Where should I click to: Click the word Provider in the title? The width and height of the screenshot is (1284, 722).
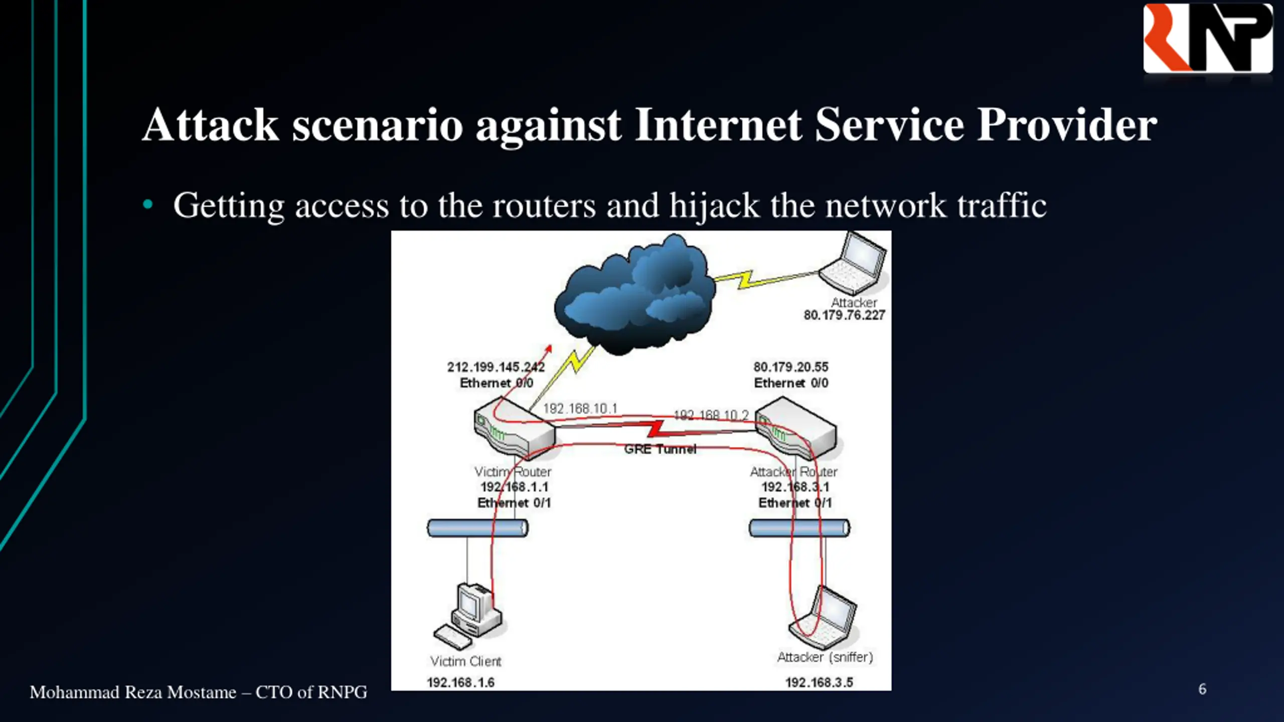click(x=1067, y=125)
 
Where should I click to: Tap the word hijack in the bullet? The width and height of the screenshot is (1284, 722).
click(x=714, y=206)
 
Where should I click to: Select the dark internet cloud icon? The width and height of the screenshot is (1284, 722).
click(x=634, y=296)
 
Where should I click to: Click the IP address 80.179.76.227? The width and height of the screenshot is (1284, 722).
click(x=844, y=315)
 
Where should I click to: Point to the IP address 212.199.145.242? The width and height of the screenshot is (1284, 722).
click(x=496, y=367)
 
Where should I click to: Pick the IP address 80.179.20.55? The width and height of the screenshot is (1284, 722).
click(x=791, y=367)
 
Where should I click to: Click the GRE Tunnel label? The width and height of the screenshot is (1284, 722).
click(x=660, y=449)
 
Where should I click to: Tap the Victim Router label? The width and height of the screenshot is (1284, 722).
click(x=513, y=472)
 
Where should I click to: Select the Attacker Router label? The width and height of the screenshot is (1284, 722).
click(x=793, y=472)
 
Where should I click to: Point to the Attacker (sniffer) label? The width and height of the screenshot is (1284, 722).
click(x=825, y=657)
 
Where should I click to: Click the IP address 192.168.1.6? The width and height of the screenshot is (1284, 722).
click(x=460, y=682)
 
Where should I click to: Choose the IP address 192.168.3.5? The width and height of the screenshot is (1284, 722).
click(x=819, y=682)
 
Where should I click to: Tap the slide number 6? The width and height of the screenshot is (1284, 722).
click(x=1202, y=689)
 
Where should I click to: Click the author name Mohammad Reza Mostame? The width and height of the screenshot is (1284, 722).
click(x=133, y=692)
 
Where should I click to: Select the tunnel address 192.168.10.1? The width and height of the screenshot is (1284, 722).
click(x=580, y=409)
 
